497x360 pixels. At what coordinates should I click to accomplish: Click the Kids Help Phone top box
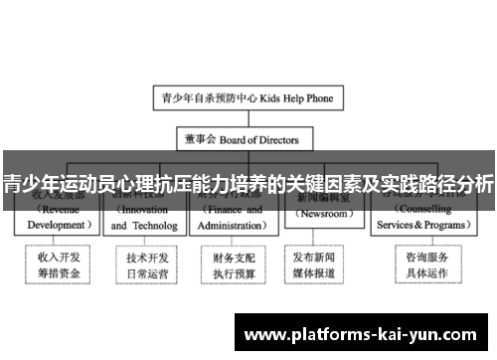248,98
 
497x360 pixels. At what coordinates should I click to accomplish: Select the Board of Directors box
248,139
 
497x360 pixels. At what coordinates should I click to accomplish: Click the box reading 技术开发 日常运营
144,264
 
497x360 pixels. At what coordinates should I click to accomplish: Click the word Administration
231,226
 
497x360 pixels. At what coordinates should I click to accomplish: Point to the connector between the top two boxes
248,119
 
